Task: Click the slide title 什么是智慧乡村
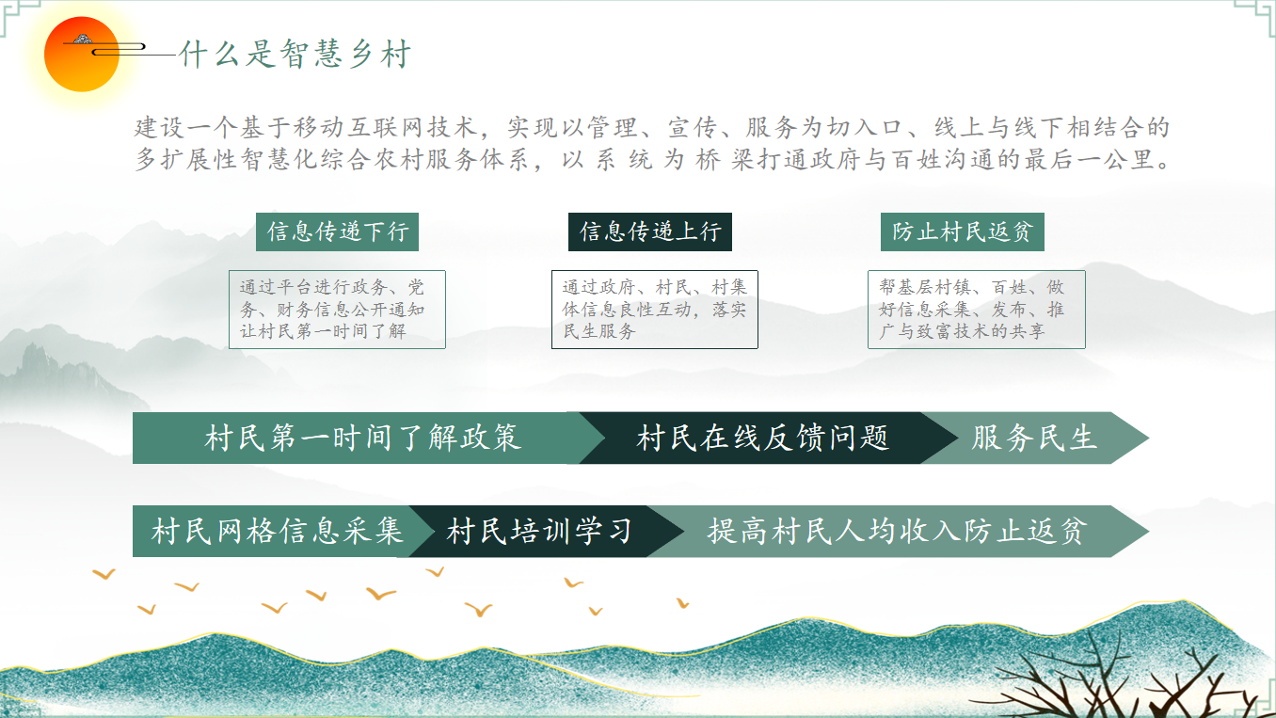pyautogui.click(x=295, y=55)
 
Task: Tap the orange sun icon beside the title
pyautogui.click(x=82, y=54)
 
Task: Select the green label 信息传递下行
pyautogui.click(x=337, y=231)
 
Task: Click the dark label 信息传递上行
pyautogui.click(x=649, y=231)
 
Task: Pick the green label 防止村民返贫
pyautogui.click(x=962, y=231)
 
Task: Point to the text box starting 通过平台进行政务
pyautogui.click(x=337, y=310)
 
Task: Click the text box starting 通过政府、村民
pyautogui.click(x=654, y=310)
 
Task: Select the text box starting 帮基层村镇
pyautogui.click(x=976, y=310)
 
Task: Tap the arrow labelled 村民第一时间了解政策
pyautogui.click(x=362, y=438)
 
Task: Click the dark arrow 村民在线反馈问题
pyautogui.click(x=762, y=438)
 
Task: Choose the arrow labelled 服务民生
pyautogui.click(x=1034, y=438)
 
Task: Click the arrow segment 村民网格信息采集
pyautogui.click(x=277, y=532)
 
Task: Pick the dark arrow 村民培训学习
pyautogui.click(x=539, y=532)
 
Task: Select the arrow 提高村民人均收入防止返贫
pyautogui.click(x=896, y=532)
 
